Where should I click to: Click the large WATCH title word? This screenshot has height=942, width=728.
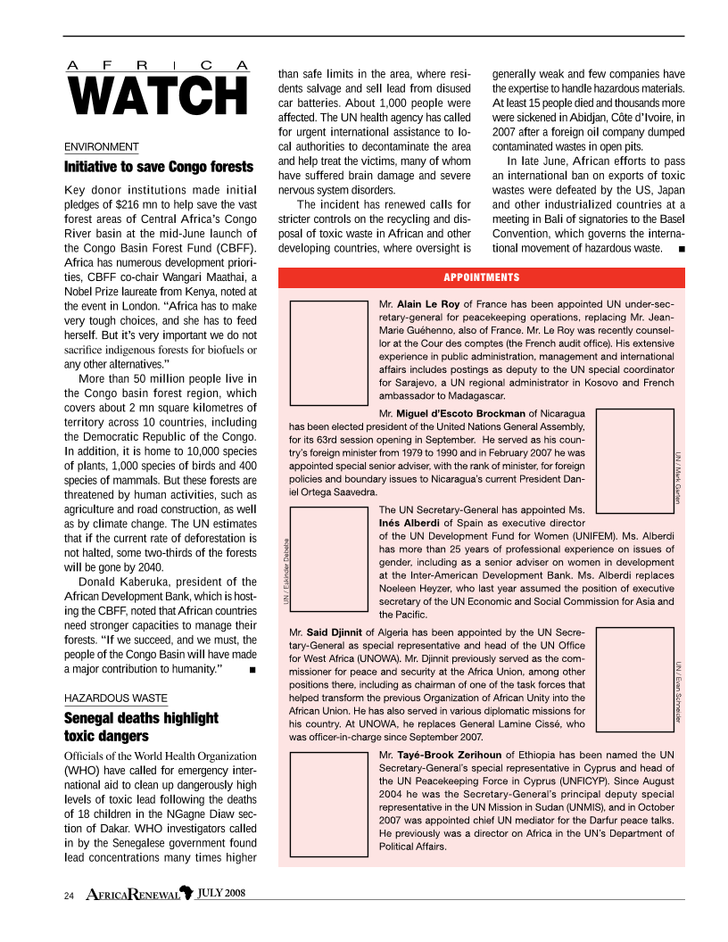click(x=156, y=96)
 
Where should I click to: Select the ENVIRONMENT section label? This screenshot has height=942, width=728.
click(x=101, y=147)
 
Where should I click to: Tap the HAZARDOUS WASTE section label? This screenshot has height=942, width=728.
click(x=115, y=698)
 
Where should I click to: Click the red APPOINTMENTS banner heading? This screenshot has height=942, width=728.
click(x=482, y=277)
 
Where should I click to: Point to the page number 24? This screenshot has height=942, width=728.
click(x=69, y=895)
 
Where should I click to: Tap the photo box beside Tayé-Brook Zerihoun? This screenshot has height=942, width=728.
click(x=328, y=799)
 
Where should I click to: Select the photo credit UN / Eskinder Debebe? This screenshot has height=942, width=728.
click(x=285, y=569)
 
